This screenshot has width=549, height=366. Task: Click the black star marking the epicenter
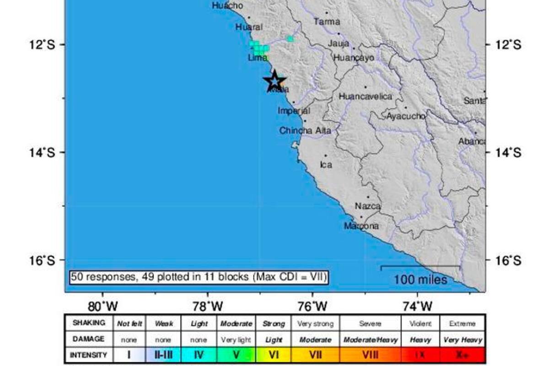(274, 81)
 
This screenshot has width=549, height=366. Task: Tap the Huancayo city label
(354, 58)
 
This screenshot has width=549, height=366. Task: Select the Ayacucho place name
(406, 116)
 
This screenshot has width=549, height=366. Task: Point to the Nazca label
(368, 206)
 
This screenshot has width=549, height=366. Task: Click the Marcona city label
(361, 226)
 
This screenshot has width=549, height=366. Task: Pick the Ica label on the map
(326, 165)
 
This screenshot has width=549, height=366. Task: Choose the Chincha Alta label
(305, 131)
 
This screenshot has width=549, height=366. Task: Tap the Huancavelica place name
(366, 97)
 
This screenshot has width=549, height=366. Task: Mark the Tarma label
(327, 22)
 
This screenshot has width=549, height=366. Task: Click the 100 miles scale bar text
(420, 279)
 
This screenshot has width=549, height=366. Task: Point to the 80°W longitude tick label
(103, 305)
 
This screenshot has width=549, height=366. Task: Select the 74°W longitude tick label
(417, 305)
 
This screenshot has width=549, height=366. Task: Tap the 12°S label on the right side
(508, 44)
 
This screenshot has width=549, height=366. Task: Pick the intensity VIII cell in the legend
(369, 355)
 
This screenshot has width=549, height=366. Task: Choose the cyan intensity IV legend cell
(199, 355)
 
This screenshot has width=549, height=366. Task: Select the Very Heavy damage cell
(462, 339)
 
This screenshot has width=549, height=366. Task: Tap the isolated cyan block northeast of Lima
(290, 39)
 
